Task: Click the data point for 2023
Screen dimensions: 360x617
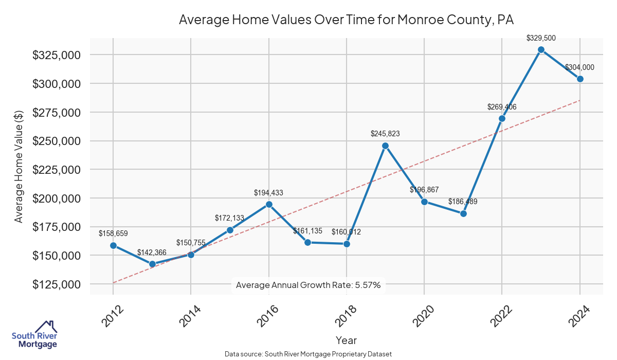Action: [541, 50]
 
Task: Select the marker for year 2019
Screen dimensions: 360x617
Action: [385, 146]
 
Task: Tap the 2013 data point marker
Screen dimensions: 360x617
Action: [152, 264]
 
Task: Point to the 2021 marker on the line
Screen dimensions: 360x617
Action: [463, 213]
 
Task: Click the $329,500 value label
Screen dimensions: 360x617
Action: [541, 38]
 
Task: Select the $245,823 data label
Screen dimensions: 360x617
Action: [385, 134]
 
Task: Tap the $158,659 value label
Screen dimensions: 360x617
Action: [113, 233]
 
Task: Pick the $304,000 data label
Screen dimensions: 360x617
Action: [579, 67]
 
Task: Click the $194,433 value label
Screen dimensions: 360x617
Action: [268, 193]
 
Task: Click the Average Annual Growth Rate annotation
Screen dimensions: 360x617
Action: [308, 285]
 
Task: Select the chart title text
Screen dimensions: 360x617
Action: [346, 20]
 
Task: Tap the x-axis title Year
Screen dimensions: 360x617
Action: [346, 340]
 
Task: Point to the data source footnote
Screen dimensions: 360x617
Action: [308, 354]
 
